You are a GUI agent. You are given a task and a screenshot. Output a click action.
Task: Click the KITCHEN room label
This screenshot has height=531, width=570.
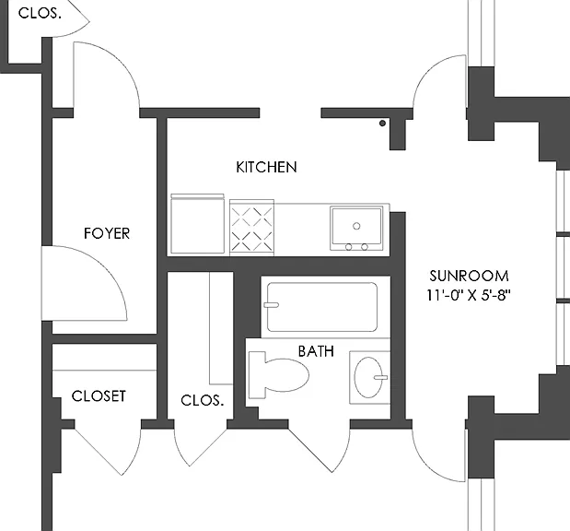tap(266, 167)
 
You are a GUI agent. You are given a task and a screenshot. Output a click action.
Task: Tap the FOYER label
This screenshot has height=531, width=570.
tap(107, 233)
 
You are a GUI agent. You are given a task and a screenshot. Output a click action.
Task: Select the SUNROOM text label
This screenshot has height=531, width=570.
tap(469, 276)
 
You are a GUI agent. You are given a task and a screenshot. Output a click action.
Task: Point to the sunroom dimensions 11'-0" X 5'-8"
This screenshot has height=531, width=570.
tap(469, 295)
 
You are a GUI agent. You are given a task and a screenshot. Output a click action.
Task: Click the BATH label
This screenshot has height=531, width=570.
tap(316, 351)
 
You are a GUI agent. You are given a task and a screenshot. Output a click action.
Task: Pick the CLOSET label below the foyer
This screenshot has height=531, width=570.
tap(99, 396)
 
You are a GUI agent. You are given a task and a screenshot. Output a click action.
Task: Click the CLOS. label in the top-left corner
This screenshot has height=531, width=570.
tap(40, 13)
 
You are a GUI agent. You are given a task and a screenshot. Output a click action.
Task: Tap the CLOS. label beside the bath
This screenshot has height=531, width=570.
tap(202, 400)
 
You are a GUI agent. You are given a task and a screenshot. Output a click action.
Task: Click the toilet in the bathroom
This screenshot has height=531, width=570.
tap(278, 375)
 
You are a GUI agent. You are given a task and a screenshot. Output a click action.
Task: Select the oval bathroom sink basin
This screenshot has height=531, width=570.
tap(368, 377)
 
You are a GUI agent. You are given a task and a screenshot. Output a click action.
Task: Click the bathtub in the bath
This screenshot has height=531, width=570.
tap(322, 307)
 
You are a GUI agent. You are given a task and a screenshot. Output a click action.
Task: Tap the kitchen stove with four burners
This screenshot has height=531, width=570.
tap(251, 227)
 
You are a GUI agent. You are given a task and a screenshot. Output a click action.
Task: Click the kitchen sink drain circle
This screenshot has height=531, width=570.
tap(356, 226)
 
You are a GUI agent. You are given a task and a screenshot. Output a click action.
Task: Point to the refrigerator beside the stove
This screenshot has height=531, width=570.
tap(197, 223)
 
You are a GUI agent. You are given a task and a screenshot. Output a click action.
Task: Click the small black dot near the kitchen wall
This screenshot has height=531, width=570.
tap(382, 124)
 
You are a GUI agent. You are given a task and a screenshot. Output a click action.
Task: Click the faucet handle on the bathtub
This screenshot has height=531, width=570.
tap(271, 305)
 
